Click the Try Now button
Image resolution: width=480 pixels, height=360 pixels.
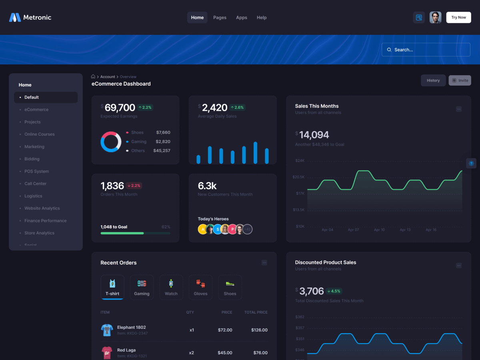pos(458,18)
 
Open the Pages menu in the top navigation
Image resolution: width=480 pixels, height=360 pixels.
pos(220,18)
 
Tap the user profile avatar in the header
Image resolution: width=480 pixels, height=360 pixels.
pos(435,18)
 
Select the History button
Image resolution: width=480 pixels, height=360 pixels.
pos(433,80)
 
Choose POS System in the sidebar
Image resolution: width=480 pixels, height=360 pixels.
pos(36,171)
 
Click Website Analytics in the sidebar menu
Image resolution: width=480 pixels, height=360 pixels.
pos(42,208)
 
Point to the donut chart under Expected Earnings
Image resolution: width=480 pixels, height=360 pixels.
pos(111,142)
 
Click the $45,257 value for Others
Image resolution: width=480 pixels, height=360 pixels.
pos(162,151)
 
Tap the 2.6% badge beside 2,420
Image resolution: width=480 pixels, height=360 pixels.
pos(237,108)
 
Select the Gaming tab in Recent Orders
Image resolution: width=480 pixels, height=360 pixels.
pos(142,288)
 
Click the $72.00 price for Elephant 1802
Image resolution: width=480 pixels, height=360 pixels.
pos(225,330)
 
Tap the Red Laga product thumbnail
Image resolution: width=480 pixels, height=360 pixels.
pos(107,352)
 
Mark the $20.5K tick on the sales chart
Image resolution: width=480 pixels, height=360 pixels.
pos(298,177)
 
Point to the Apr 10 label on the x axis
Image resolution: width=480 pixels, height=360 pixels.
pos(379,230)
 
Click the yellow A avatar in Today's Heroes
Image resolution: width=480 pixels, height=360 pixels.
pos(203,229)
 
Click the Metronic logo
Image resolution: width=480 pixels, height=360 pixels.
pos(30,18)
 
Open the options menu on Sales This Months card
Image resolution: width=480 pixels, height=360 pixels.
pos(459,109)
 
